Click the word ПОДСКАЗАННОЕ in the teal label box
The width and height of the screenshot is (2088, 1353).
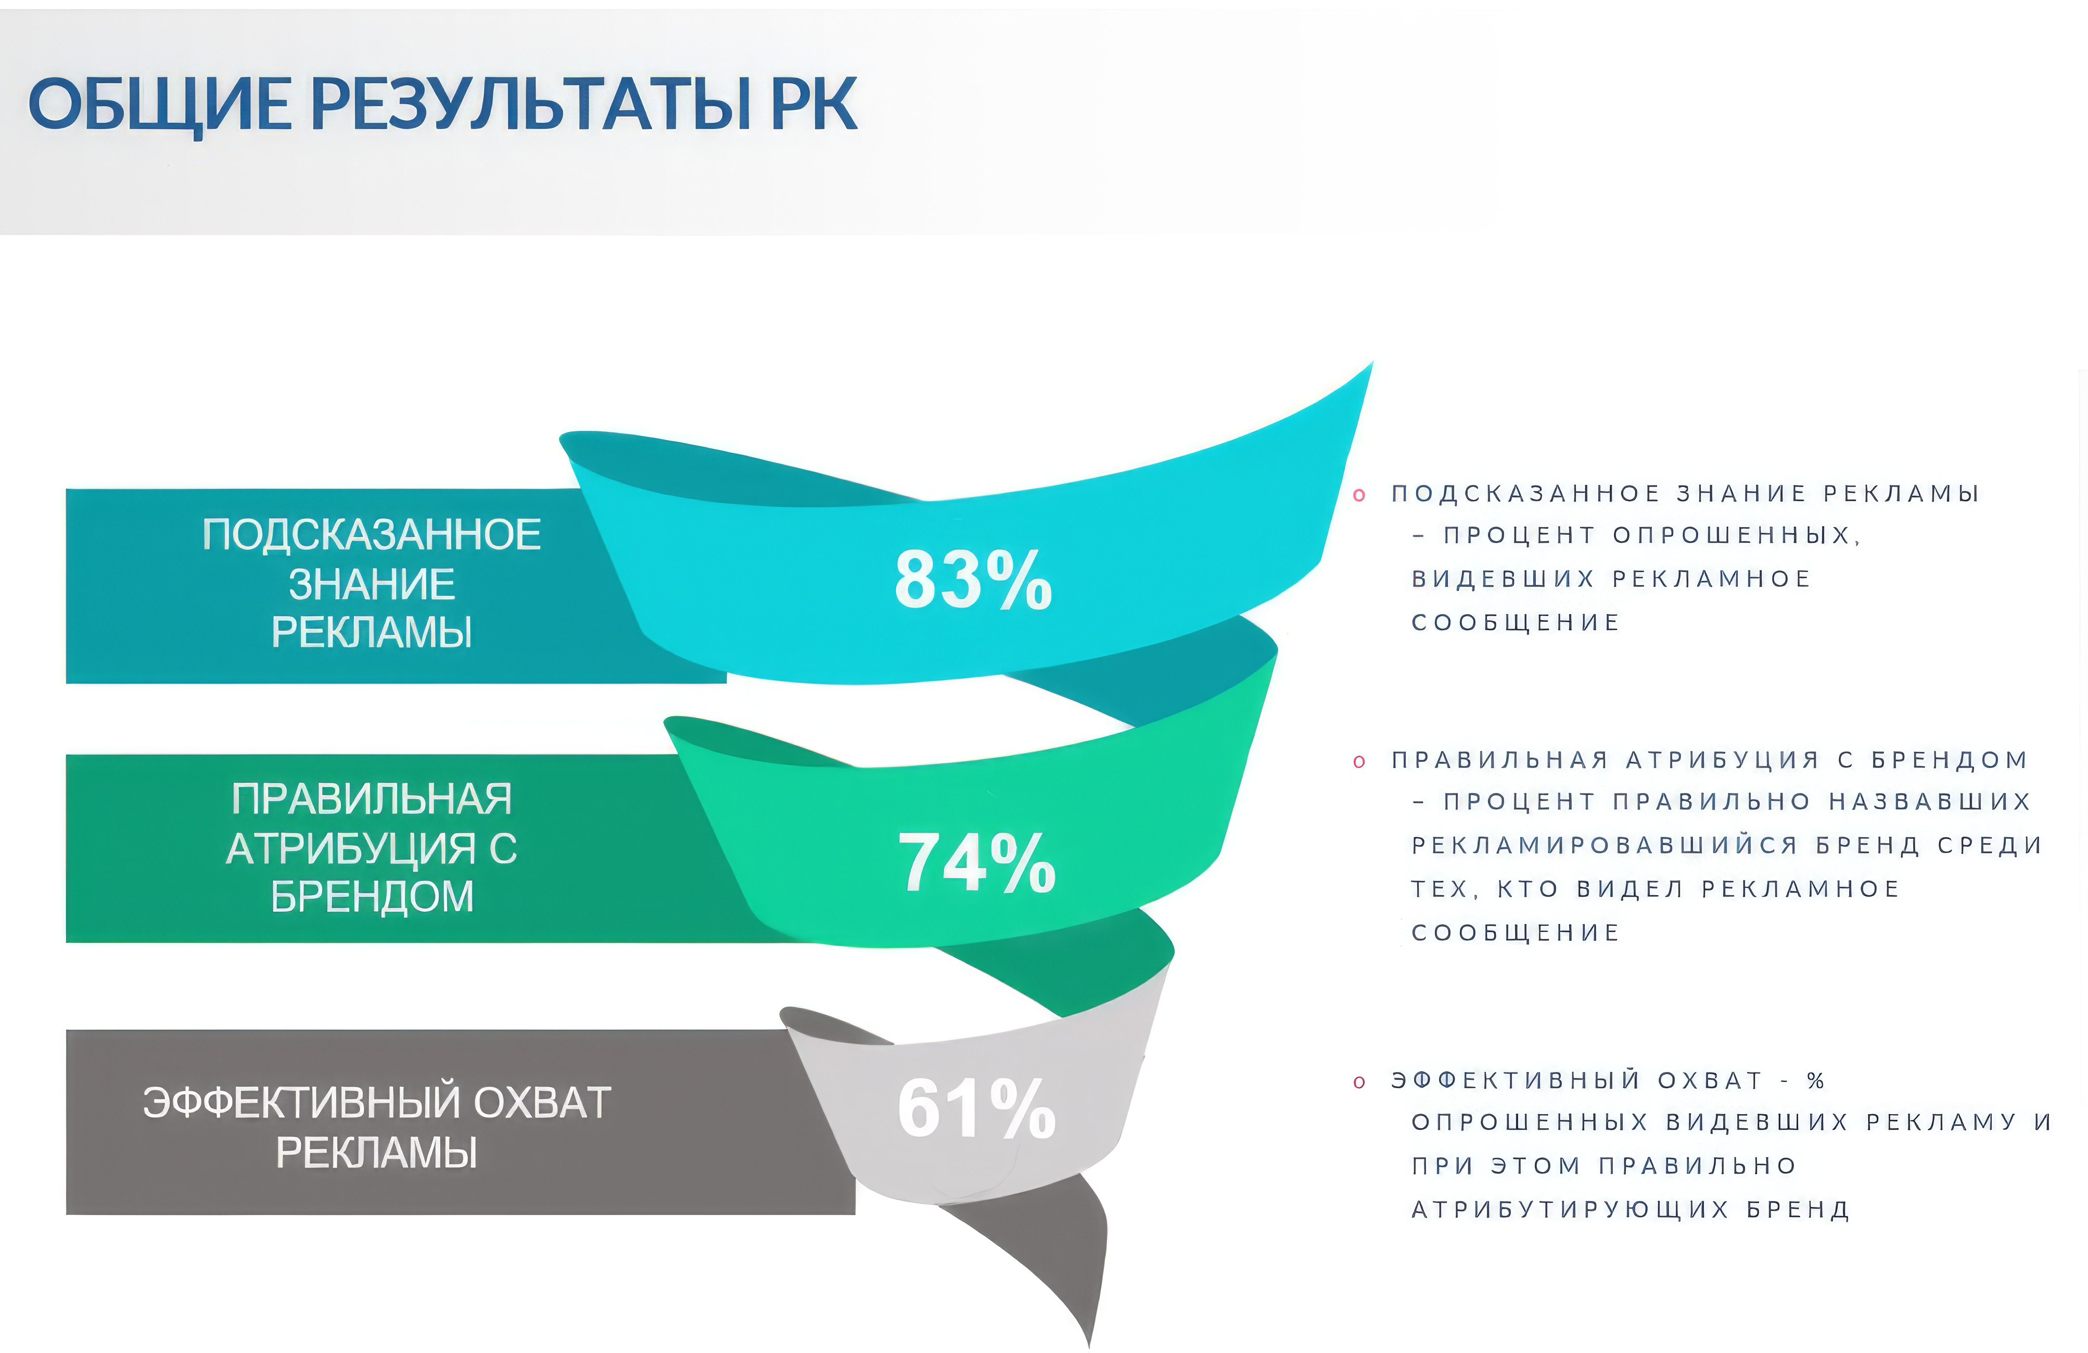pos(372,534)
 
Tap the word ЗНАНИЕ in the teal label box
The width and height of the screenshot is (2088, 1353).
pos(372,583)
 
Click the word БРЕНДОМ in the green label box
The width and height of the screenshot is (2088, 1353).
pos(372,897)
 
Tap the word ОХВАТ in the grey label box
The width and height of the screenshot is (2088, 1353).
pos(542,1103)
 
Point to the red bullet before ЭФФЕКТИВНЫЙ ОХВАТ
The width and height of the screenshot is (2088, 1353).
pos(1359,1082)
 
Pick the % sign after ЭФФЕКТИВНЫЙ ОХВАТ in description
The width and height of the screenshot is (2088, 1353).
pos(1815,1080)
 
